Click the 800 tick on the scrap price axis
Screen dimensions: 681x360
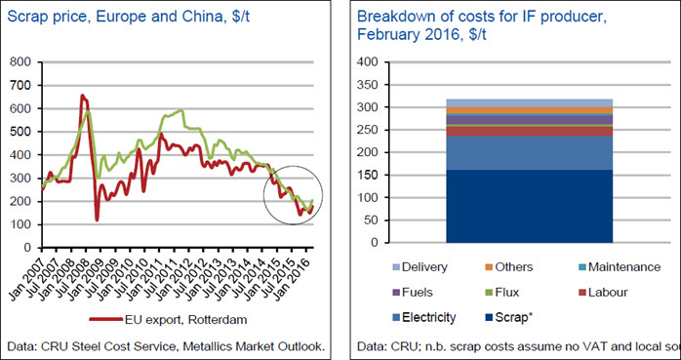pyautogui.click(x=21, y=62)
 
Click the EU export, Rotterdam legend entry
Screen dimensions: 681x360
pyautogui.click(x=168, y=320)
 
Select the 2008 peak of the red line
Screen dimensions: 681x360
pyautogui.click(x=82, y=96)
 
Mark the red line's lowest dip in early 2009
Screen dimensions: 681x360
pyautogui.click(x=97, y=220)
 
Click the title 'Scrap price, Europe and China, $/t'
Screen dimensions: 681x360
pyautogui.click(x=129, y=19)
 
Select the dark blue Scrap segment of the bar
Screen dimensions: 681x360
pyautogui.click(x=530, y=206)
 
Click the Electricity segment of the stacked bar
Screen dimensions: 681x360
pyautogui.click(x=530, y=153)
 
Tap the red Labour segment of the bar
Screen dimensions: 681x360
pyautogui.click(x=530, y=131)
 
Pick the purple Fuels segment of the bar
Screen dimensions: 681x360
pyautogui.click(x=530, y=119)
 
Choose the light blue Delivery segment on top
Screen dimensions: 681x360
pyautogui.click(x=530, y=102)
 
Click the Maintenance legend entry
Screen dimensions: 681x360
pyautogui.click(x=620, y=266)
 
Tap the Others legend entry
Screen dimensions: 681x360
pyautogui.click(x=509, y=266)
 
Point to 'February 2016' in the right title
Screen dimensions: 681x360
pyautogui.click(x=407, y=34)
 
